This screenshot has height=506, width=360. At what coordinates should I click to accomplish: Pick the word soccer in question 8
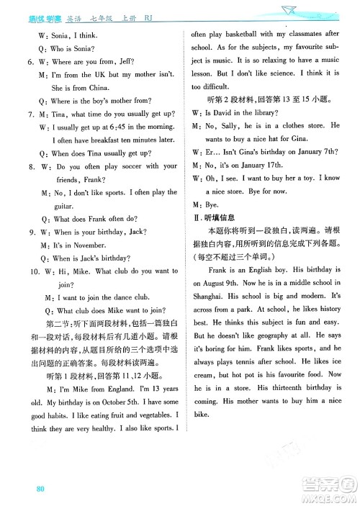[130, 166]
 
